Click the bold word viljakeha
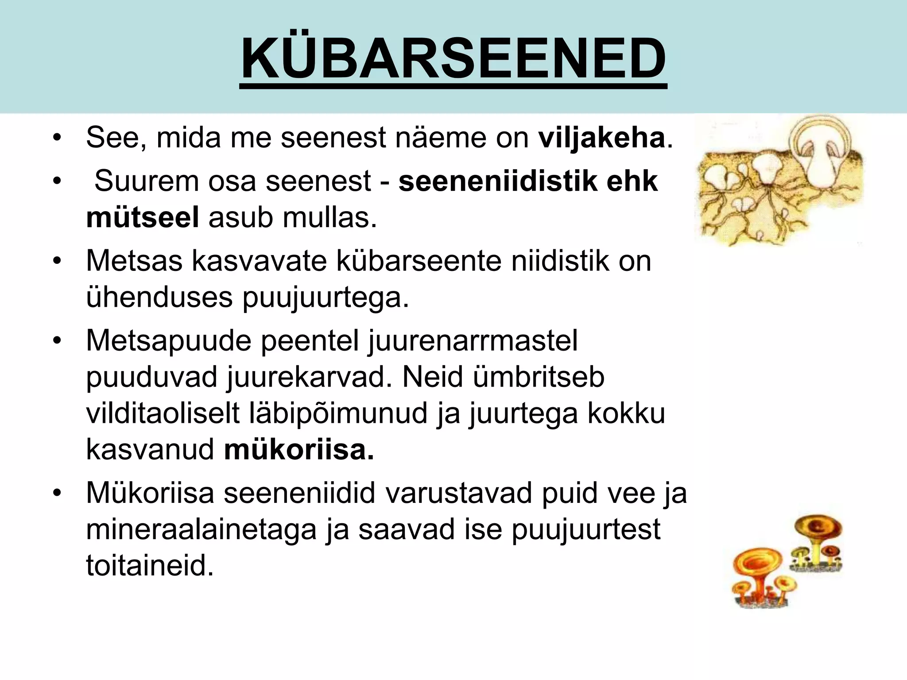601,138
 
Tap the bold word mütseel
142,218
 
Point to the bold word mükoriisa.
299,450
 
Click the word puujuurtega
326,297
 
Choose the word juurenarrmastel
472,341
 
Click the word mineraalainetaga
201,529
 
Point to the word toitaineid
150,566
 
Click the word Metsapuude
168,341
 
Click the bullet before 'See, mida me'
56,138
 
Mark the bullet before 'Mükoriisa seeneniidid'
56,493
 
